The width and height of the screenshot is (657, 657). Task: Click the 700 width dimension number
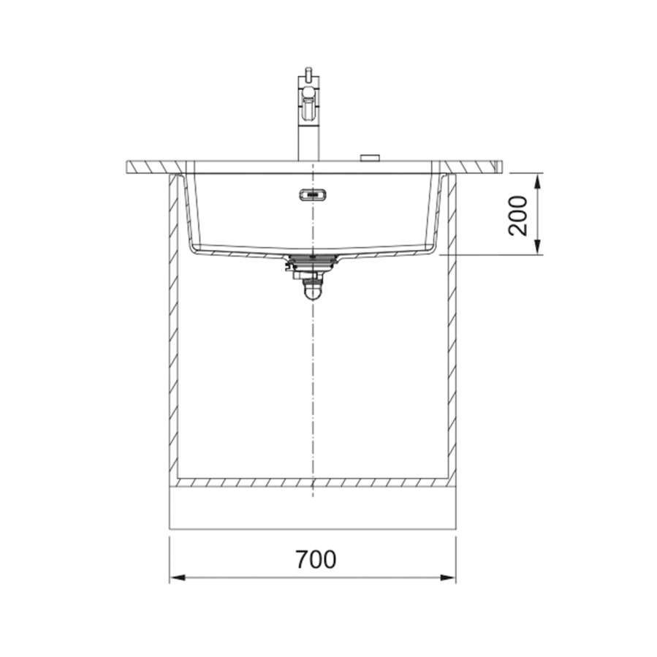tap(316, 559)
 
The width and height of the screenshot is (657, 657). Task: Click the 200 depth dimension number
tap(518, 216)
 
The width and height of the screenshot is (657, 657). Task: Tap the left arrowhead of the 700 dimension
tap(178, 578)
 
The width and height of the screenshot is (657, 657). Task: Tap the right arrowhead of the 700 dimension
tap(448, 578)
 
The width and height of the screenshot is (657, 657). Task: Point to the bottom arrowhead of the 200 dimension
tap(539, 246)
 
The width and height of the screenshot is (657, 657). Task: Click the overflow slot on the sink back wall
tap(313, 195)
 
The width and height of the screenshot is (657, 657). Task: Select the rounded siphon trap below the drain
tap(313, 290)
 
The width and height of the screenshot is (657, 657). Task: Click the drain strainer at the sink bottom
tap(313, 261)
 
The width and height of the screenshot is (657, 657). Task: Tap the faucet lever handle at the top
tap(309, 101)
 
